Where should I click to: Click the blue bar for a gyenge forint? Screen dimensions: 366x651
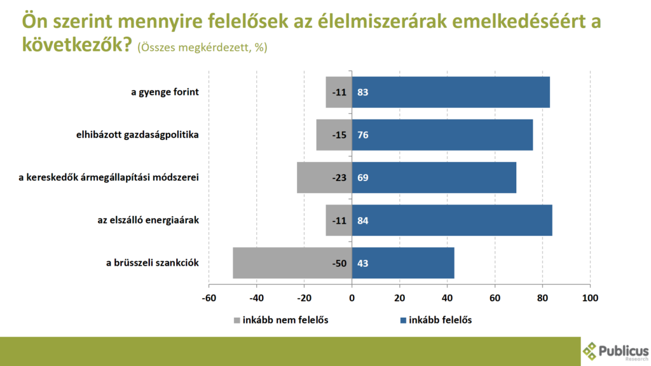tap(451, 92)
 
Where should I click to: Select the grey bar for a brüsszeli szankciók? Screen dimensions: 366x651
tap(292, 262)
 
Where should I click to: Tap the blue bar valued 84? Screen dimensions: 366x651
tap(452, 220)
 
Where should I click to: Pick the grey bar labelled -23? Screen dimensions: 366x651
tap(324, 177)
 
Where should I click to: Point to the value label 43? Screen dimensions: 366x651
tap(363, 263)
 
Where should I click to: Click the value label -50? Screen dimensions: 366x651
tap(339, 263)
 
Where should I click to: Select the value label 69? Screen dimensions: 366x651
tap(363, 178)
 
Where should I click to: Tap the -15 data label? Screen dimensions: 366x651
tap(339, 135)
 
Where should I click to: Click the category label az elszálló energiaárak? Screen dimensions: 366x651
tap(147, 220)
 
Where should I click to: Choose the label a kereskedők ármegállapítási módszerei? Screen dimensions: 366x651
tap(109, 177)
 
